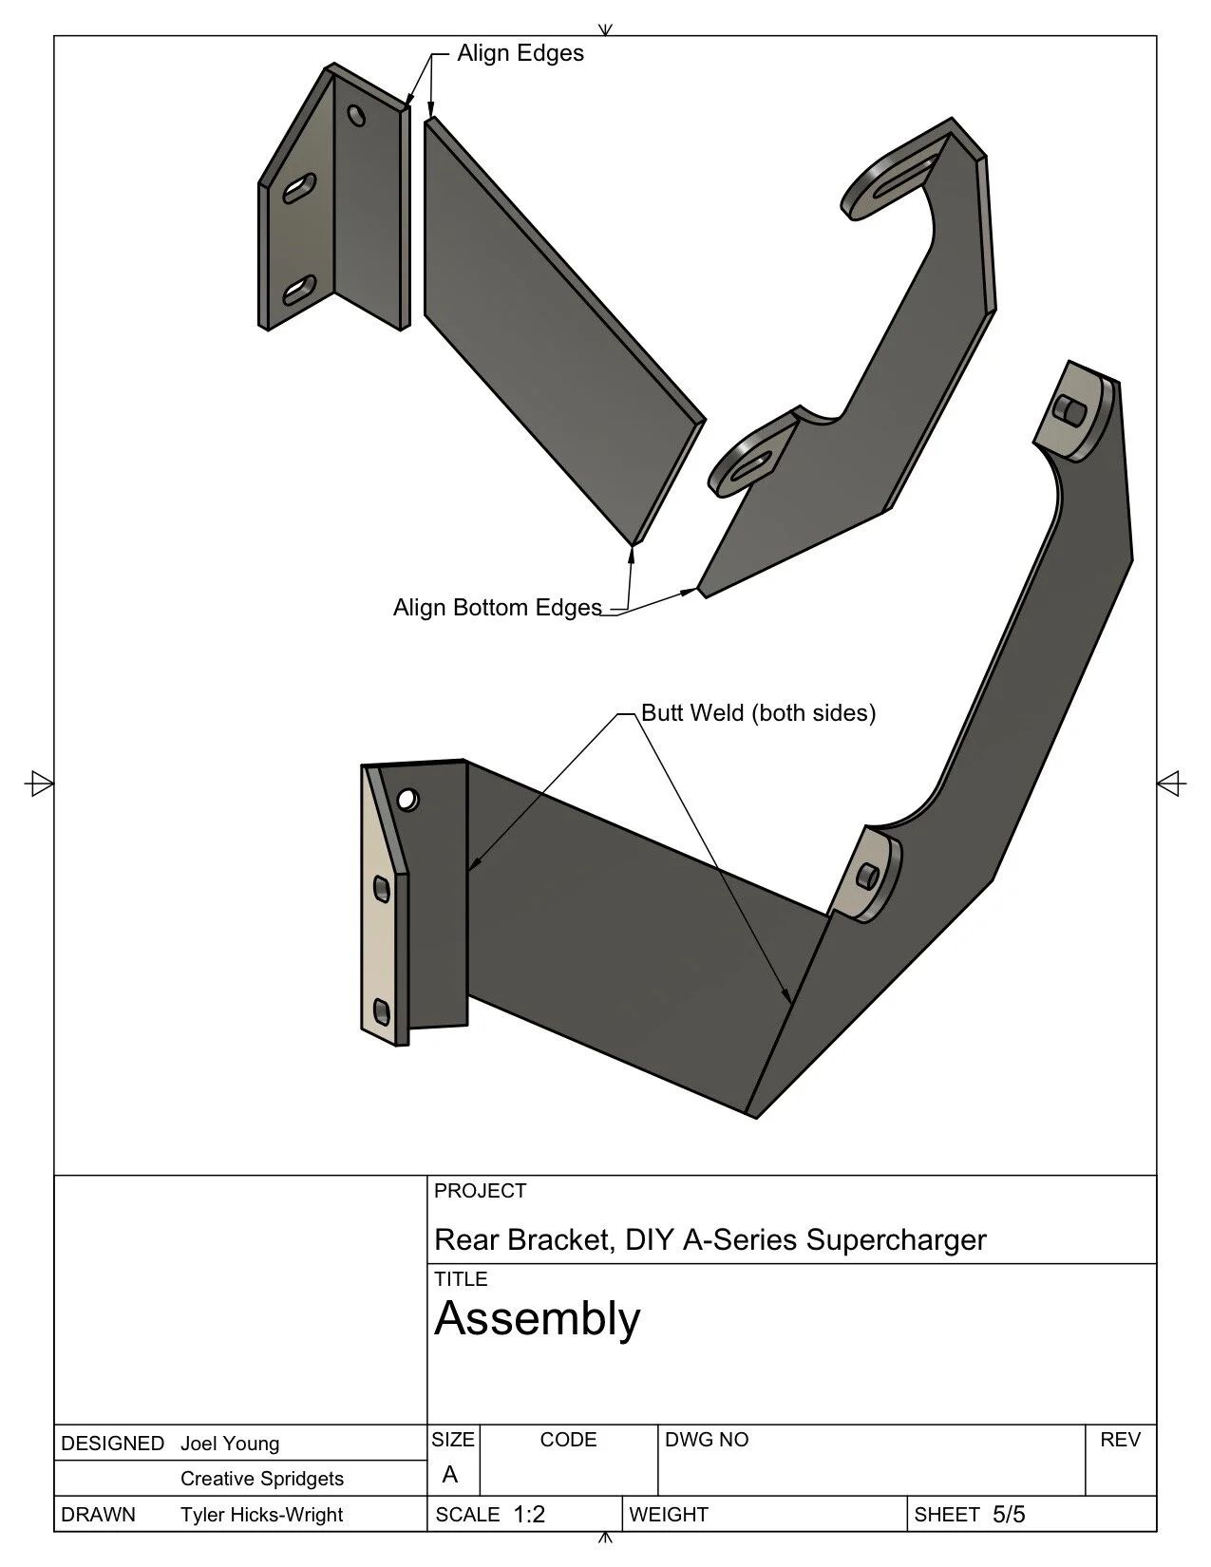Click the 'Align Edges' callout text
520,53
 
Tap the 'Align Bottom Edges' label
497,608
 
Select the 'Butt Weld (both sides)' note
758,712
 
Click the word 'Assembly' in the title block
537,1318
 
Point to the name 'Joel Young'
230,1444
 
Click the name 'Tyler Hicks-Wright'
261,1515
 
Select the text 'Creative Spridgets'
262,1479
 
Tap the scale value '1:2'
529,1515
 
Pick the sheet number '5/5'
1009,1515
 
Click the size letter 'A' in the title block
450,1474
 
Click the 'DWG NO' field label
707,1440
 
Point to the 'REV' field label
1120,1440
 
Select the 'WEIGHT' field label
669,1515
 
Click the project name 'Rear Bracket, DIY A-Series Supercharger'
710,1239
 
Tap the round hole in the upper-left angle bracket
357,116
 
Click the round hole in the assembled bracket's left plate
407,800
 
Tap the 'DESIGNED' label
112,1444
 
